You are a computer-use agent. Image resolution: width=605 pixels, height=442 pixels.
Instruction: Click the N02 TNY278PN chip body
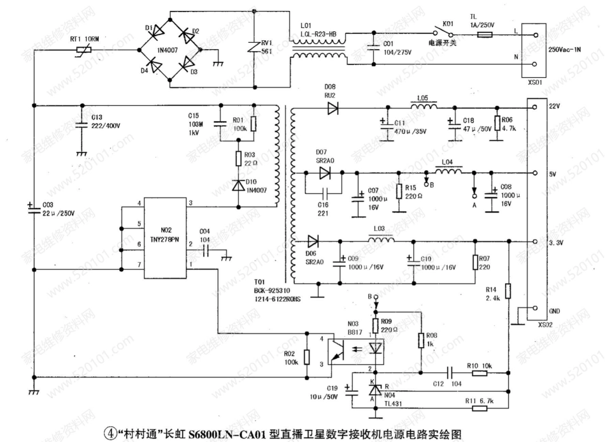(x=165, y=238)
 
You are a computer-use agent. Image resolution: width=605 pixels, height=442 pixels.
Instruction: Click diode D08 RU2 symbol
(x=332, y=108)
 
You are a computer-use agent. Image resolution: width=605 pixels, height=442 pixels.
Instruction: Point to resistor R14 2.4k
(x=508, y=290)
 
